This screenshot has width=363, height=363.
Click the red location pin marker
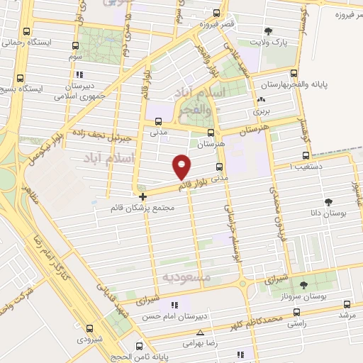click(x=181, y=166)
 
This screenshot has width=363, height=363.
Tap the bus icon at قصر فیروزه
click(x=216, y=13)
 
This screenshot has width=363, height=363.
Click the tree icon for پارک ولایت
click(x=269, y=30)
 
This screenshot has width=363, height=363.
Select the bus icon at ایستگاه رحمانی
click(x=27, y=31)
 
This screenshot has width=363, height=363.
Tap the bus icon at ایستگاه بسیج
click(x=21, y=78)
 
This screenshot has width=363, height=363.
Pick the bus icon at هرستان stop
click(x=211, y=132)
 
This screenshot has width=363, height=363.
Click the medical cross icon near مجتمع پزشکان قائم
click(x=143, y=196)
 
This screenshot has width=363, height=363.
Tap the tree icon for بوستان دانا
click(x=328, y=201)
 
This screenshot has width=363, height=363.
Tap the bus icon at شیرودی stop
click(x=89, y=328)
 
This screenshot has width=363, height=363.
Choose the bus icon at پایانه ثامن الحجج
click(x=139, y=347)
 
